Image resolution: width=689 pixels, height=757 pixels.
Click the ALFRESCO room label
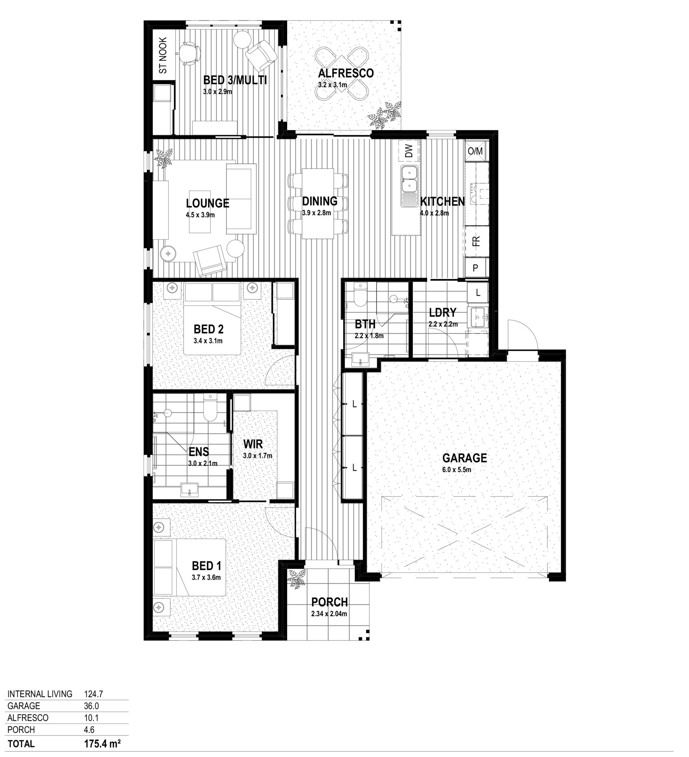pos(346,73)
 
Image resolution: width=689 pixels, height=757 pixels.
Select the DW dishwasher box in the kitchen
pos(409,151)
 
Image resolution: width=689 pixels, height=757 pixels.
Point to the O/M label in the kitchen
pos(475,151)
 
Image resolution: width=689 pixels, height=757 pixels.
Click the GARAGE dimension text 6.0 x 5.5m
pos(457,469)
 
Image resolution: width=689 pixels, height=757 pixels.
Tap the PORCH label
pos(329,602)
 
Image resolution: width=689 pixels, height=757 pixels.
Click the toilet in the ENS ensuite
pos(210,408)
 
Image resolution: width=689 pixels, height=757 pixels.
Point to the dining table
pos(318,203)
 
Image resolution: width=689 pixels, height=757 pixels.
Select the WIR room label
pos(253,444)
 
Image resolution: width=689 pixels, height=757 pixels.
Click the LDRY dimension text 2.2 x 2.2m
pos(443,324)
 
